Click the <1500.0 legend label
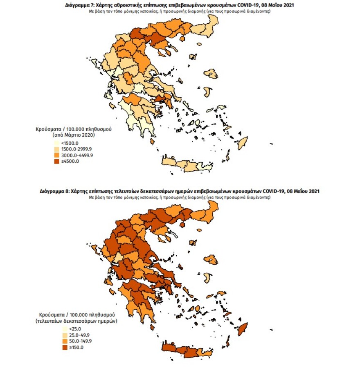(70, 142)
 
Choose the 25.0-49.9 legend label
(71, 335)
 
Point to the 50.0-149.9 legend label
(72, 341)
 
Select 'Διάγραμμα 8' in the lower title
(54, 191)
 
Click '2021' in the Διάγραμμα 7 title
(288, 6)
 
